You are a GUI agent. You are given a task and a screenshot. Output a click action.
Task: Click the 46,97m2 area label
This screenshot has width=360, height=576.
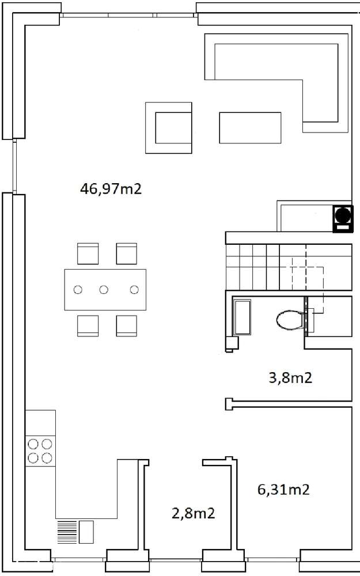[x=111, y=189]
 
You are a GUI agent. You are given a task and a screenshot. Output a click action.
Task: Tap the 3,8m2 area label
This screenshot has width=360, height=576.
[x=290, y=378]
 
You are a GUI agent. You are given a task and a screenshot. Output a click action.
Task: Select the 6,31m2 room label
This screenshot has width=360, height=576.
[x=283, y=490]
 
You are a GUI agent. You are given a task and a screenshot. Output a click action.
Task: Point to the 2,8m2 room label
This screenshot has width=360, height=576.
[x=193, y=513]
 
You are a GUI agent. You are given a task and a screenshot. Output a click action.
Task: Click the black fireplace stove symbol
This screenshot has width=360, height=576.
[x=343, y=219]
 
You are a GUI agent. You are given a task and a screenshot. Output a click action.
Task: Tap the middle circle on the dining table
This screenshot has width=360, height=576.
[x=104, y=290]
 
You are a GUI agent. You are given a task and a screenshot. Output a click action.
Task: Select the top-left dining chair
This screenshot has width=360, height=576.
[x=88, y=253]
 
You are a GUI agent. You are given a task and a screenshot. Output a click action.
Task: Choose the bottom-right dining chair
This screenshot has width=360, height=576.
[x=126, y=325]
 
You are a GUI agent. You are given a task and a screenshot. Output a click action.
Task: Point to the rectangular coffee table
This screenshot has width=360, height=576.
[x=250, y=128]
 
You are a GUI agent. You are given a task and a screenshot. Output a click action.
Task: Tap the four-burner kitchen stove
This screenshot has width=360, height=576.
[x=40, y=451]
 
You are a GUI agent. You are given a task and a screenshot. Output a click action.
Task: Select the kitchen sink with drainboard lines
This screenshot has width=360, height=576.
[x=75, y=532]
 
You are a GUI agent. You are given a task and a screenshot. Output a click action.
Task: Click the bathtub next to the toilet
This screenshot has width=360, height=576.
[x=242, y=317]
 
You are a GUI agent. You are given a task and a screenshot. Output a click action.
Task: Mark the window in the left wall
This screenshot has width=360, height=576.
[x=14, y=166]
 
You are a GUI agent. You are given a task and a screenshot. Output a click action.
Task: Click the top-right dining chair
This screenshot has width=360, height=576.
[x=126, y=253]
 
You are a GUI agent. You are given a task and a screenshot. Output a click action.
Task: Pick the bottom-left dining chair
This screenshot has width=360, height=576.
[x=88, y=325]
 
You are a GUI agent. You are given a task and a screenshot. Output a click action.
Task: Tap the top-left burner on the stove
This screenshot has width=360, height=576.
[x=33, y=444]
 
